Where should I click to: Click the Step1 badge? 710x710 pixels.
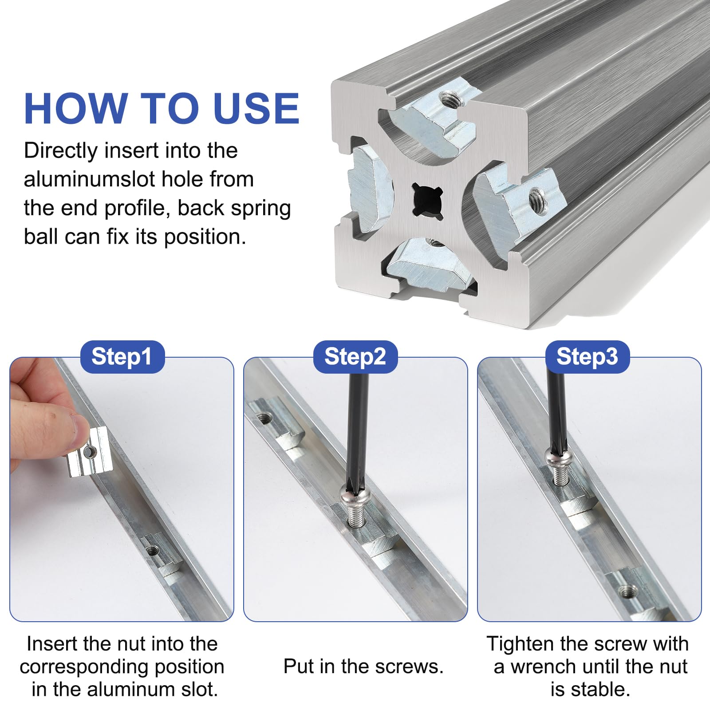point(122,357)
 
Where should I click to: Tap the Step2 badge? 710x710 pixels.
point(355,357)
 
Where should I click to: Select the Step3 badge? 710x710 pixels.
point(587,357)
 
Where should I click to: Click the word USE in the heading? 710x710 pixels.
point(256,108)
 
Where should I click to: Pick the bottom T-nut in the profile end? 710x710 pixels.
point(427,265)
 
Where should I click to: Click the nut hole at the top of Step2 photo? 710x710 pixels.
point(265,418)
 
